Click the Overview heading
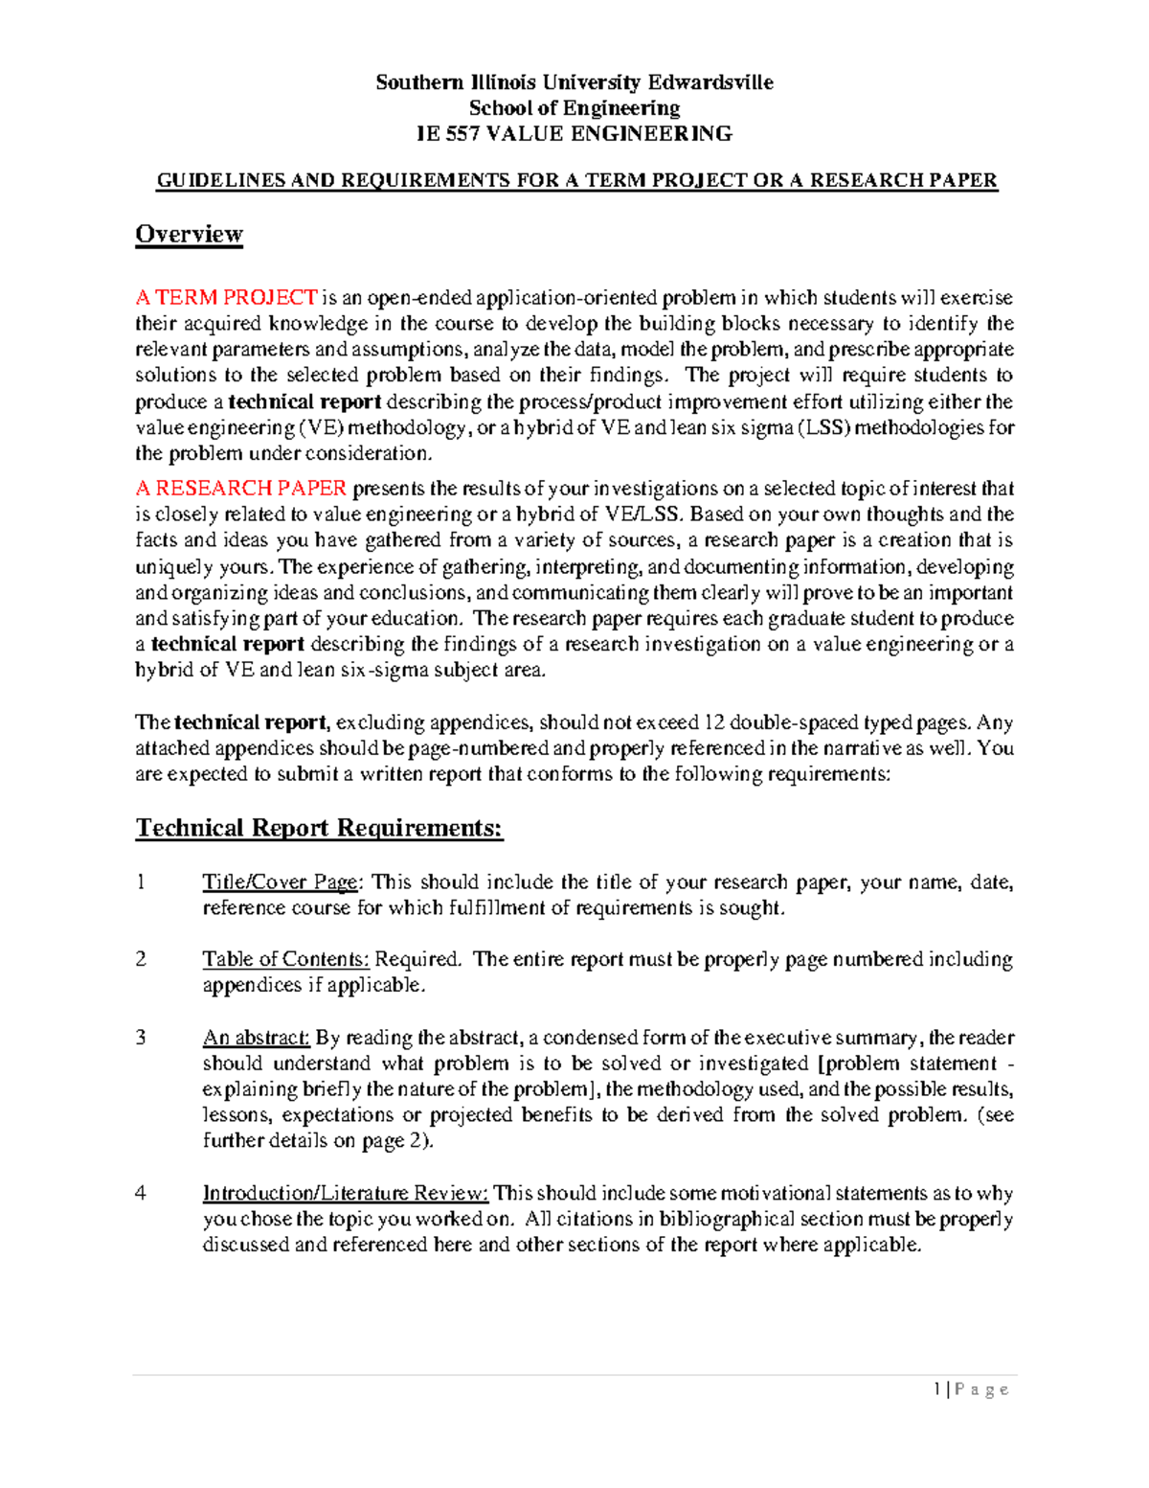tap(189, 234)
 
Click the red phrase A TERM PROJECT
tap(226, 297)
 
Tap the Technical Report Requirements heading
tap(319, 828)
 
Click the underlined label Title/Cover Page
tap(281, 881)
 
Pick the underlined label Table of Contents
tap(285, 959)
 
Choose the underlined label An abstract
tap(256, 1038)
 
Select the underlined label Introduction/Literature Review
tap(345, 1193)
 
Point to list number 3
tap(141, 1038)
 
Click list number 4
tap(141, 1193)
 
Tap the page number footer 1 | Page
tap(971, 1389)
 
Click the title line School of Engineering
tap(574, 108)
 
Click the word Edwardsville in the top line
tap(710, 82)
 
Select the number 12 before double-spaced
tap(715, 722)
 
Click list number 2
tap(141, 959)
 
